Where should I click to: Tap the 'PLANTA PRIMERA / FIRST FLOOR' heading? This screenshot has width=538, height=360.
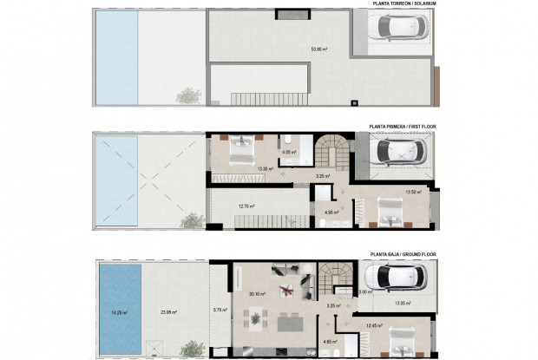404,126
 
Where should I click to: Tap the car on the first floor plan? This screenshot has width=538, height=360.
396,154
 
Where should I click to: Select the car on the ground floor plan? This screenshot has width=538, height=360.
394,279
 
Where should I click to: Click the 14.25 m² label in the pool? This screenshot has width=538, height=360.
119,312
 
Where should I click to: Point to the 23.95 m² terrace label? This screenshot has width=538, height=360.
168,312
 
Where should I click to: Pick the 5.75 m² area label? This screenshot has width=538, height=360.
220,310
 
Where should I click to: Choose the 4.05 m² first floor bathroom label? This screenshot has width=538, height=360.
289,153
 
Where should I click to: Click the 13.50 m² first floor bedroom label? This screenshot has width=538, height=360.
414,193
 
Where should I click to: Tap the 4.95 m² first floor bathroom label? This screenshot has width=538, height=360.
331,212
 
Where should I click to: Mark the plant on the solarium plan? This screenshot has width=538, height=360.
186,96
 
